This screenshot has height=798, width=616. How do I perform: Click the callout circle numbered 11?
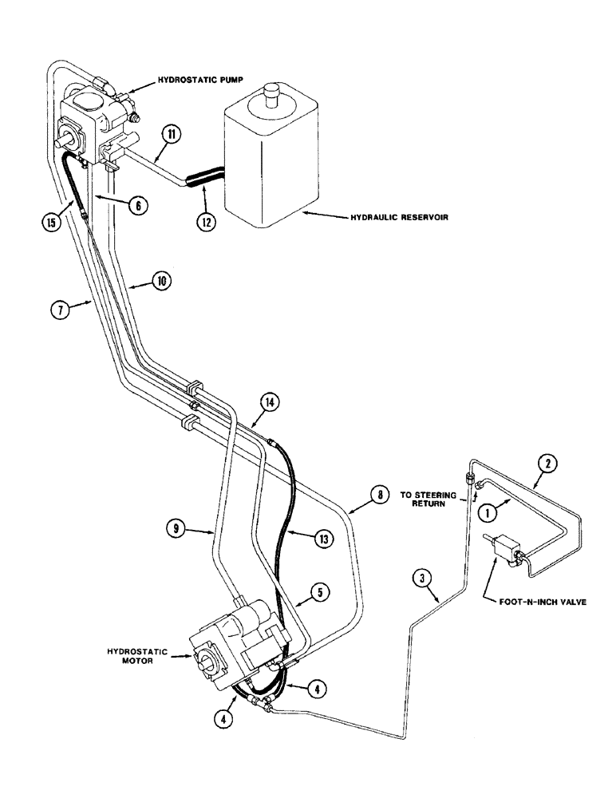[172, 135]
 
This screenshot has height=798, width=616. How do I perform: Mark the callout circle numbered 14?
[271, 405]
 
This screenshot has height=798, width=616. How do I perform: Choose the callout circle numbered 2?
[546, 462]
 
